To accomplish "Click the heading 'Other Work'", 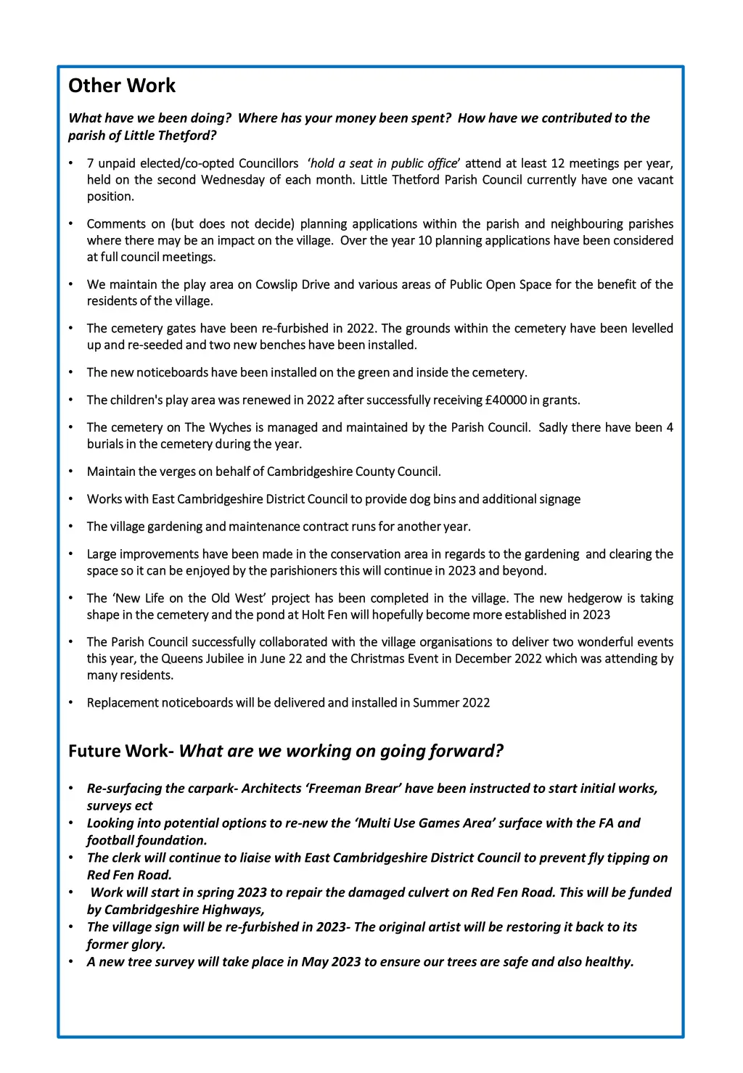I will (x=122, y=86).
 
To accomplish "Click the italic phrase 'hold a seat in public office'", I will (x=384, y=163).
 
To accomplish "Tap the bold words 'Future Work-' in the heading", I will (x=121, y=751).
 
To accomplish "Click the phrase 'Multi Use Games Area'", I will (x=439, y=823).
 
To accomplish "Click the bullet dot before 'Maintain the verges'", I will (x=71, y=472).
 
